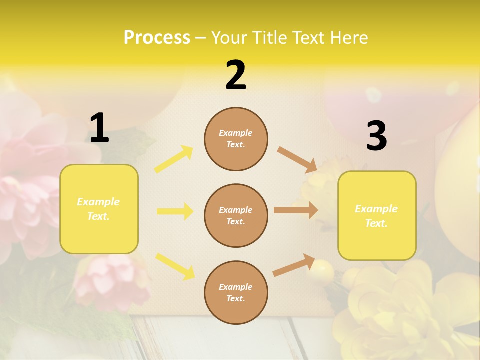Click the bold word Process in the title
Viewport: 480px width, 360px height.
[157, 38]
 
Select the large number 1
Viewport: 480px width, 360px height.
[99, 128]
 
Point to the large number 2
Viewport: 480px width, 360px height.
[236, 75]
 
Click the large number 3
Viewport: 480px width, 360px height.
[376, 136]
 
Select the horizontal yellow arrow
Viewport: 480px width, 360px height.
[175, 211]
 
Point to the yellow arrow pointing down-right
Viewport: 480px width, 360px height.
[175, 266]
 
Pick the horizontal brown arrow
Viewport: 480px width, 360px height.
[296, 210]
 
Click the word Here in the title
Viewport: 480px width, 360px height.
[348, 38]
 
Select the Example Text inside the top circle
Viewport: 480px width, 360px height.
[236, 139]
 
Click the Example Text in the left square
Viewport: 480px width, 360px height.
[98, 209]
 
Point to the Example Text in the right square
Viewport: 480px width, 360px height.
[376, 216]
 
